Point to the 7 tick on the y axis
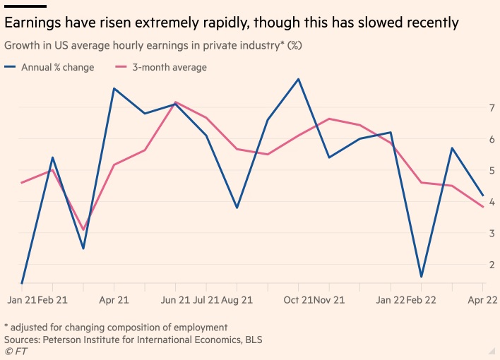point(490,107)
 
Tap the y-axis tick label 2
point(490,264)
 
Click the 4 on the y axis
point(490,201)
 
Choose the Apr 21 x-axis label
point(114,300)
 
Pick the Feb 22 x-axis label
point(421,300)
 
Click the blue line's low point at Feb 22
point(422,277)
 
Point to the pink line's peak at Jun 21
point(175,102)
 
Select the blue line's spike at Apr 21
point(114,88)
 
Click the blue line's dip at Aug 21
point(237,208)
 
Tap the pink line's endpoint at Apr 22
point(483,207)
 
